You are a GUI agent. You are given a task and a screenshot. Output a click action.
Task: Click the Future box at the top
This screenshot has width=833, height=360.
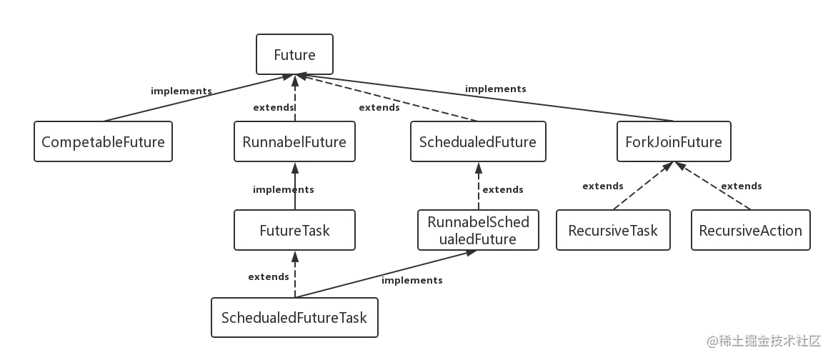[294, 55]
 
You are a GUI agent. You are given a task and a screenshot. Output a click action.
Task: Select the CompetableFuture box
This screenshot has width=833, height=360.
[103, 142]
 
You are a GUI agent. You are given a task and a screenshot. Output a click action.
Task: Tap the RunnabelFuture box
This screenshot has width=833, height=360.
[294, 142]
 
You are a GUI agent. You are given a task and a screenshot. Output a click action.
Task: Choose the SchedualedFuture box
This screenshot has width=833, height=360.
[477, 142]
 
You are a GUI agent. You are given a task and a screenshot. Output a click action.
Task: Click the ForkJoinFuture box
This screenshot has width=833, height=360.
[674, 142]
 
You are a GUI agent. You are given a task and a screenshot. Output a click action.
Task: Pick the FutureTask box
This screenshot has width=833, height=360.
[294, 231]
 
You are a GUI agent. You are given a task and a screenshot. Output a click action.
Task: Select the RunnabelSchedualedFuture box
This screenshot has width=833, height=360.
[477, 230]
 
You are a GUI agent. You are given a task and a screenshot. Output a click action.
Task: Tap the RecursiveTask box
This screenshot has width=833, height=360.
[613, 231]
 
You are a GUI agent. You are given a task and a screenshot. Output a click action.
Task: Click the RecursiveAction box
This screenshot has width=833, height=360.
[750, 231]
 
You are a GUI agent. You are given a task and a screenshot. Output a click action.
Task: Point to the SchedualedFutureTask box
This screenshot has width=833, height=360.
[294, 317]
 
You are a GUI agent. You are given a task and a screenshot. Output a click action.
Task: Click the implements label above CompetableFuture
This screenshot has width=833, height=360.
[181, 91]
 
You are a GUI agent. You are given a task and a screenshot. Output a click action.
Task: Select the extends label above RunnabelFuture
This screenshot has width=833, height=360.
[273, 109]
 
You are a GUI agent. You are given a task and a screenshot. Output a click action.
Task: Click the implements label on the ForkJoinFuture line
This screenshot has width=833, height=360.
[494, 90]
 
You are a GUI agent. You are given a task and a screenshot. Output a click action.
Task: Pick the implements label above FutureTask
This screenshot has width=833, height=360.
[283, 190]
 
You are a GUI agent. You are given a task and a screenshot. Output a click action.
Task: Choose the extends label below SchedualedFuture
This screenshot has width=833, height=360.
[502, 190]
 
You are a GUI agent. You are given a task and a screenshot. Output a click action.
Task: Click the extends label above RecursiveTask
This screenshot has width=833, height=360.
[603, 186]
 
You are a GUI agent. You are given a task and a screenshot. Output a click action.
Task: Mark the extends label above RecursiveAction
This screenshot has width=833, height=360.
[741, 187]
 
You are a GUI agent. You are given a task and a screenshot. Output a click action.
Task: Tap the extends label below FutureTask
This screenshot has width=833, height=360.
[267, 276]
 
